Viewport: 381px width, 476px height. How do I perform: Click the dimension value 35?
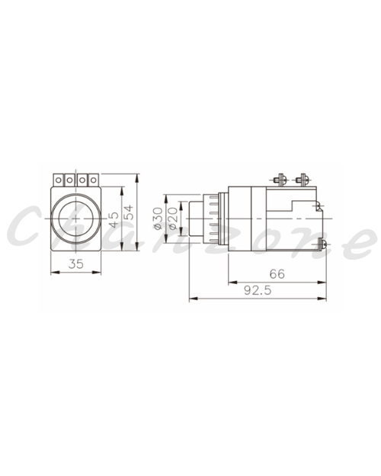(x=76, y=264)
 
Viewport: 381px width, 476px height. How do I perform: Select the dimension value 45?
(x=114, y=219)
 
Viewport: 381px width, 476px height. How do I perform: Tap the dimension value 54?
(x=129, y=212)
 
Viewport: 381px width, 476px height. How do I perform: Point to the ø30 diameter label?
(x=158, y=218)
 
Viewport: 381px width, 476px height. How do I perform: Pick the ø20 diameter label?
(x=173, y=219)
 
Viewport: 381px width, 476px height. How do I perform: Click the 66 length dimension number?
(x=277, y=274)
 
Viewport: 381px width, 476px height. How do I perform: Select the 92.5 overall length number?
(x=258, y=290)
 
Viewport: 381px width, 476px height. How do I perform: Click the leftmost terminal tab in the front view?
(x=59, y=180)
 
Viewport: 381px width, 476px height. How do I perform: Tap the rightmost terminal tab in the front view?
(x=94, y=180)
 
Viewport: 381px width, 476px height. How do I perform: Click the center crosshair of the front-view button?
(x=75, y=219)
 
